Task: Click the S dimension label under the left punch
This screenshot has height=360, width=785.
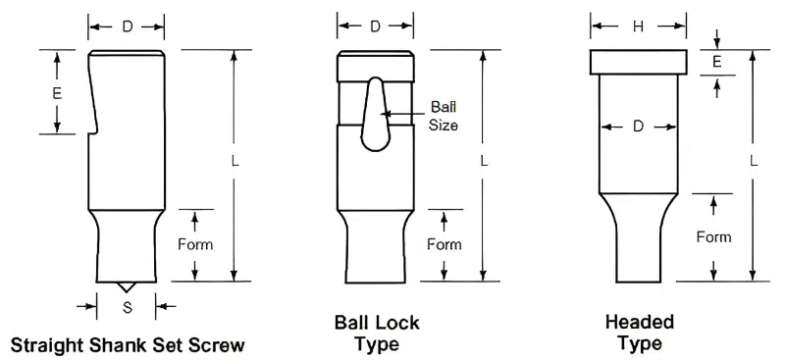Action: tap(128, 307)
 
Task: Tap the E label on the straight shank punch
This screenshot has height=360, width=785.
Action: tap(57, 93)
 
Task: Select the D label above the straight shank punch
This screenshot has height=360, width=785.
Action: tap(128, 27)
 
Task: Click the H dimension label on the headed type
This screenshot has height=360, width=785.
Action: tap(638, 27)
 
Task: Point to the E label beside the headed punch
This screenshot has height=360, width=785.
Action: tap(717, 62)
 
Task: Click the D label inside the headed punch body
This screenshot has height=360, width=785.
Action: tap(638, 128)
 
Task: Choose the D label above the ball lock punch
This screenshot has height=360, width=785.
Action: tap(375, 27)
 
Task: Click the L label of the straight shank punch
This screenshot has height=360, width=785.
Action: tap(235, 161)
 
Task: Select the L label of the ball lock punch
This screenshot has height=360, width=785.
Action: tap(483, 161)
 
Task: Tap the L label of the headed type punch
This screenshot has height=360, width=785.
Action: tap(754, 161)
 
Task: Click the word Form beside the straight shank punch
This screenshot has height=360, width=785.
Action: tap(195, 244)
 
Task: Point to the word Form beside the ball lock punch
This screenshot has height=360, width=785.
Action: tap(445, 244)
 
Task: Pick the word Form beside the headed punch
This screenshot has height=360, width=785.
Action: tap(713, 236)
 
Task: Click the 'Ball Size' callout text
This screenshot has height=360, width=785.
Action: tap(444, 116)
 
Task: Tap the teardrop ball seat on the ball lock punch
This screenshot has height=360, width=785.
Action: tap(376, 114)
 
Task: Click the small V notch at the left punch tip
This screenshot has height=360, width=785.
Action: tap(126, 286)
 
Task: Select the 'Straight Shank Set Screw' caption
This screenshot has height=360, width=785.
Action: tap(128, 345)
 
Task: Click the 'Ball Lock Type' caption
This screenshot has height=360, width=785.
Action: tap(377, 333)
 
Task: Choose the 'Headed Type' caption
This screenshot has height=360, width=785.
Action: tap(640, 333)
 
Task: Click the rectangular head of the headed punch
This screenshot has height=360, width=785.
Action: tap(638, 62)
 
